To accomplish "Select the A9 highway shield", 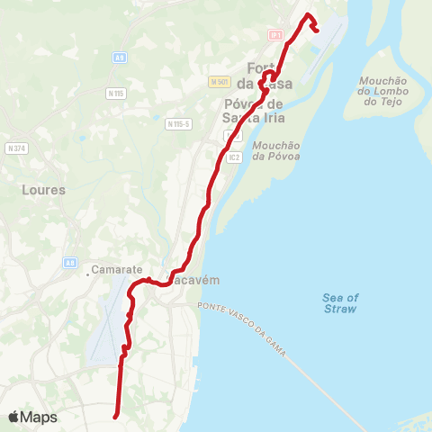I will pos(120,57).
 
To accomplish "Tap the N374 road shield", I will pos(15,148).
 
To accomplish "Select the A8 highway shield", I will pos(69,262).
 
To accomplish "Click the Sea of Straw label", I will pos(340,303).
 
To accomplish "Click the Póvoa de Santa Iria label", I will pos(249,109).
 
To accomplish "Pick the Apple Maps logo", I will pos(32,417).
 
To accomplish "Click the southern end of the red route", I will pos(115,417).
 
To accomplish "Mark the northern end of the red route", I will pos(318,30).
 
